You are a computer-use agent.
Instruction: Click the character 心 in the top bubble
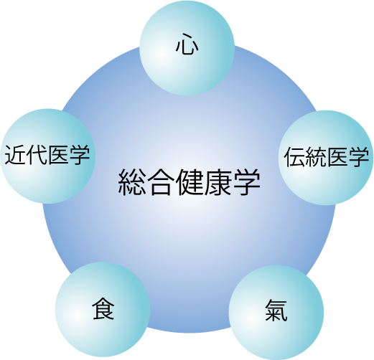(187, 44)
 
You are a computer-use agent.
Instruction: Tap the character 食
(103, 308)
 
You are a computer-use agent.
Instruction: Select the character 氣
(276, 310)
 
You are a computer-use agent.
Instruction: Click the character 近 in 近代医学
(15, 155)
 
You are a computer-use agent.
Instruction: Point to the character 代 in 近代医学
(37, 155)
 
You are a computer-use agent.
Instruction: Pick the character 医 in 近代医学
(57, 155)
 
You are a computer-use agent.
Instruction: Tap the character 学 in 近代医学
(79, 155)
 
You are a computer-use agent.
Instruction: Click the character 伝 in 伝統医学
(294, 156)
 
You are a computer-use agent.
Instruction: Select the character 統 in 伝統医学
(315, 156)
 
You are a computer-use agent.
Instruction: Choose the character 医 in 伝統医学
(337, 156)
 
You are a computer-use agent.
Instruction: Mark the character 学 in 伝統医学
(358, 156)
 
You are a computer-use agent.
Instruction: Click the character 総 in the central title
(132, 182)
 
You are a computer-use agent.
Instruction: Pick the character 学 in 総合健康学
(246, 182)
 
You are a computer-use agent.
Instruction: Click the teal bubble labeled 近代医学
(48, 156)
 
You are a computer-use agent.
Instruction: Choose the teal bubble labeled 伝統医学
(326, 158)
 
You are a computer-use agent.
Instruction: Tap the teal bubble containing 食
(103, 309)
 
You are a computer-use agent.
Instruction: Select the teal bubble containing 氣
(276, 313)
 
